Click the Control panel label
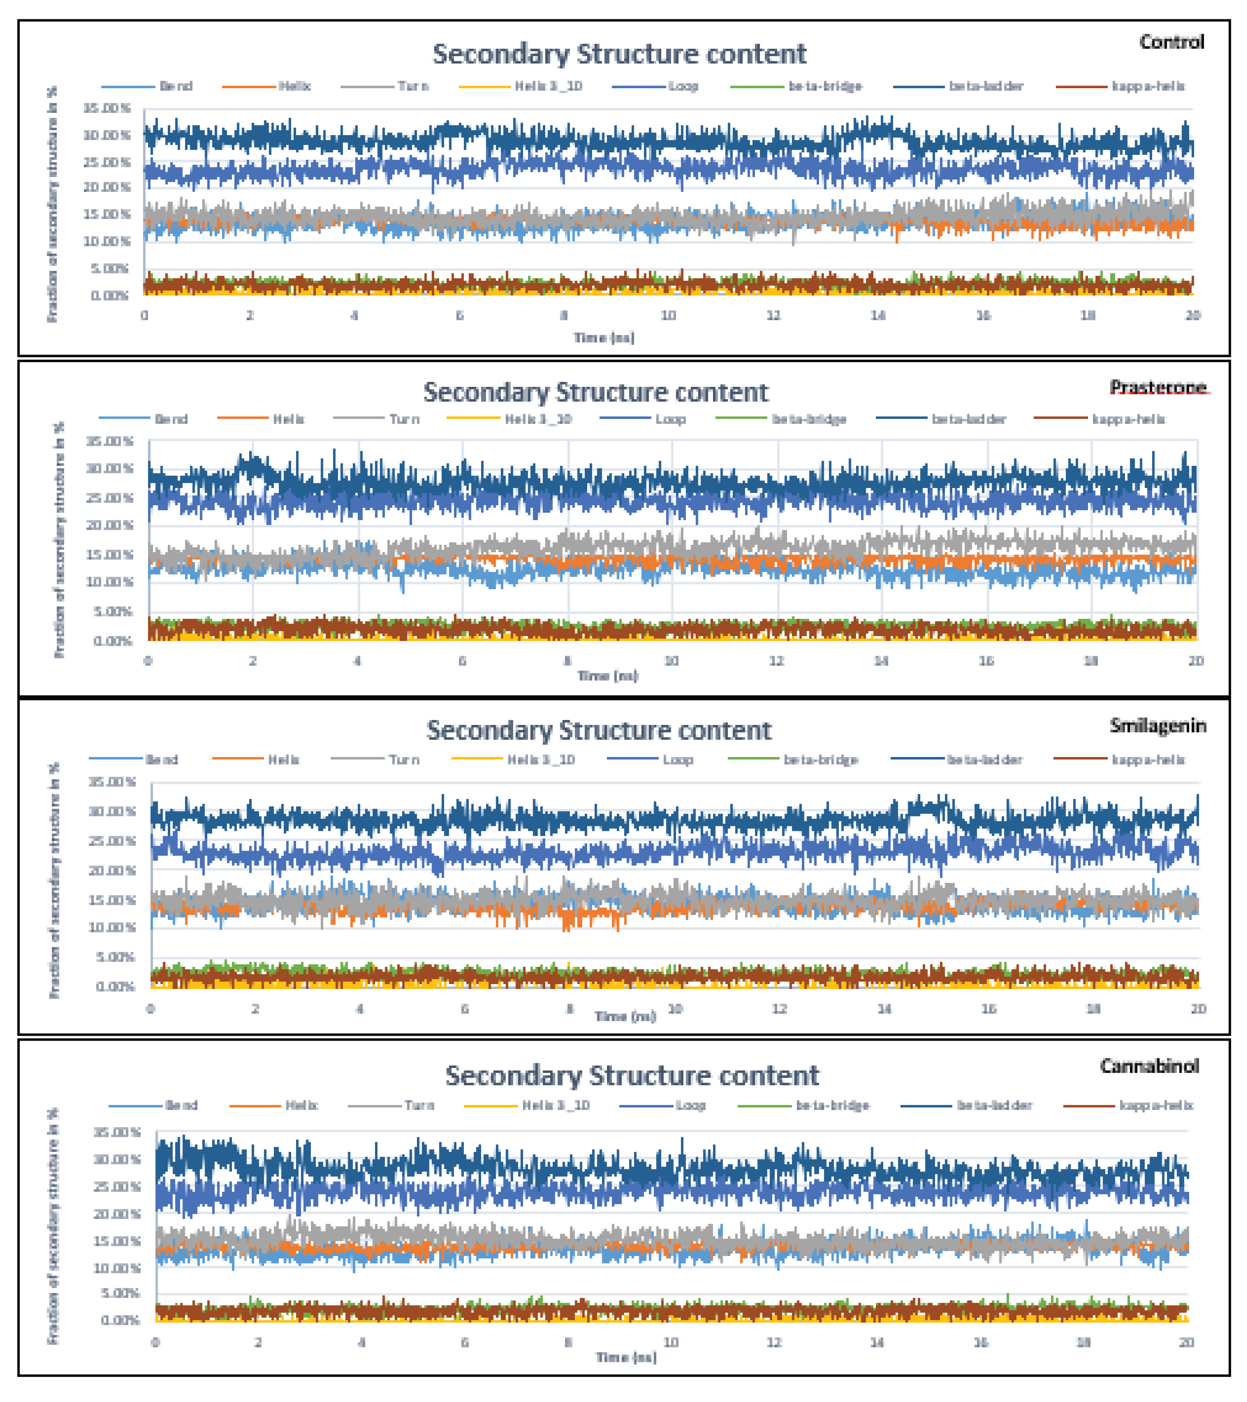(1171, 42)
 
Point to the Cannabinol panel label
(1149, 1066)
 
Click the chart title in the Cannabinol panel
(631, 1076)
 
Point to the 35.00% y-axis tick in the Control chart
(107, 108)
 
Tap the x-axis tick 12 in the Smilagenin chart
(779, 1009)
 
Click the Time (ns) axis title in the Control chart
(603, 337)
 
